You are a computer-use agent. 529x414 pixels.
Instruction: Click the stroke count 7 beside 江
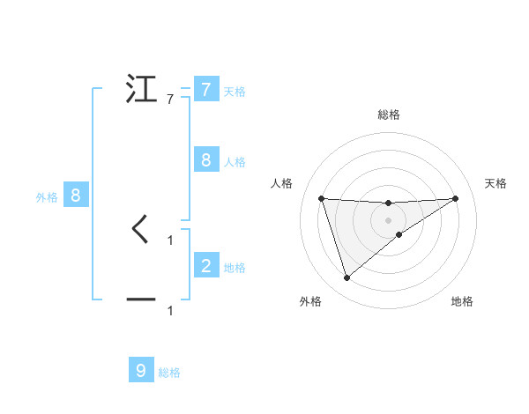click(170, 100)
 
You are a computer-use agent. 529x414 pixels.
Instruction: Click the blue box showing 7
click(205, 90)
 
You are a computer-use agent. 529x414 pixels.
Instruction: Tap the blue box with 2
click(205, 265)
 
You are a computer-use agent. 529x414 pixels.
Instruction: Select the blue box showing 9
click(141, 371)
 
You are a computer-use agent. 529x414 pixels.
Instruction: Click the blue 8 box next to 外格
click(76, 196)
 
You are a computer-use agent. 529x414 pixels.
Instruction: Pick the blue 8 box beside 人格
click(205, 160)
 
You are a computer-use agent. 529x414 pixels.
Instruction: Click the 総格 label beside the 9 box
click(169, 373)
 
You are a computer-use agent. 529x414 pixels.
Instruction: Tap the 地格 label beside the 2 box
click(235, 267)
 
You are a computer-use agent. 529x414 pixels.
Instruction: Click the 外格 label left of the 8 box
click(47, 197)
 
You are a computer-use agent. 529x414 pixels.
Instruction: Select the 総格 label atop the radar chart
click(389, 115)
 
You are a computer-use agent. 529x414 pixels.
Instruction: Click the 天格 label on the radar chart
click(496, 183)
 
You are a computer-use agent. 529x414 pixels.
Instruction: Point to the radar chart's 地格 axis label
click(462, 301)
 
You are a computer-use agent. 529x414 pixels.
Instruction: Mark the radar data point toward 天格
click(455, 198)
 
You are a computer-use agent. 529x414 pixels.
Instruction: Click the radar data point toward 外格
click(346, 278)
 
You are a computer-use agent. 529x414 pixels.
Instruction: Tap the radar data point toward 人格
click(322, 198)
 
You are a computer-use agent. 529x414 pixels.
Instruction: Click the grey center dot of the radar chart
click(389, 220)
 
